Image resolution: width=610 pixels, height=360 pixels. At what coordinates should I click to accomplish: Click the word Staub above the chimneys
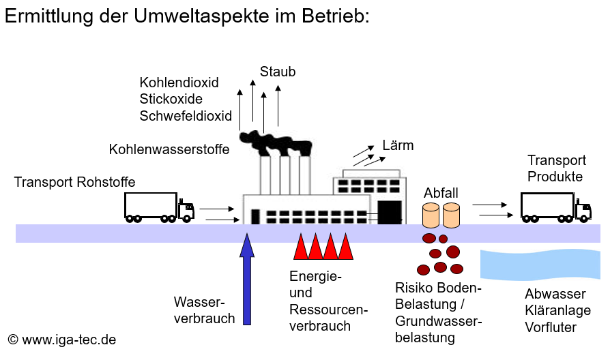tap(278, 71)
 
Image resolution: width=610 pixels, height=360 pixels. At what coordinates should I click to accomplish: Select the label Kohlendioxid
tap(179, 82)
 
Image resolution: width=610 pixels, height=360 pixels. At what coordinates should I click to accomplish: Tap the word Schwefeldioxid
tap(186, 116)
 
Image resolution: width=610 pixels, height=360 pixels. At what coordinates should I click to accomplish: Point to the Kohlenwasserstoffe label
tap(169, 149)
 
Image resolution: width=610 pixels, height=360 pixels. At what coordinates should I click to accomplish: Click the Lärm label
tap(398, 145)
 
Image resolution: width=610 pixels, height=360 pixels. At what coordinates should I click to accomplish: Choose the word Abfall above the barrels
tap(441, 193)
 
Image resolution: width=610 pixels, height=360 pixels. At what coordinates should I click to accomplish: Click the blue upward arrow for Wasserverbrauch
tap(248, 280)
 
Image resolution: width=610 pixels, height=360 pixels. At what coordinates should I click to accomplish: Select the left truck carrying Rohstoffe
tap(158, 207)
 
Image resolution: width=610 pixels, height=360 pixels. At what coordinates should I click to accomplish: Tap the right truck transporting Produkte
tap(555, 207)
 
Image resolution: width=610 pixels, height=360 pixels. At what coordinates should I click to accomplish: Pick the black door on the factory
tap(390, 212)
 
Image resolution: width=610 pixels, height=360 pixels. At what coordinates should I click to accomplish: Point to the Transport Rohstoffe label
tap(74, 182)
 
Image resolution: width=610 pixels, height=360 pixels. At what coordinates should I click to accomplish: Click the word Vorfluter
tap(551, 327)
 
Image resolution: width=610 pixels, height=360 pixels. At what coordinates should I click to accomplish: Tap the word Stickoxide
tap(171, 100)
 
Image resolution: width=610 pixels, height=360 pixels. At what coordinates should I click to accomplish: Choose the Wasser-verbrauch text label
tap(204, 310)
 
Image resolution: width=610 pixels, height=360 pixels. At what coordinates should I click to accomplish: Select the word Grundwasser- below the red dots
tap(439, 321)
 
